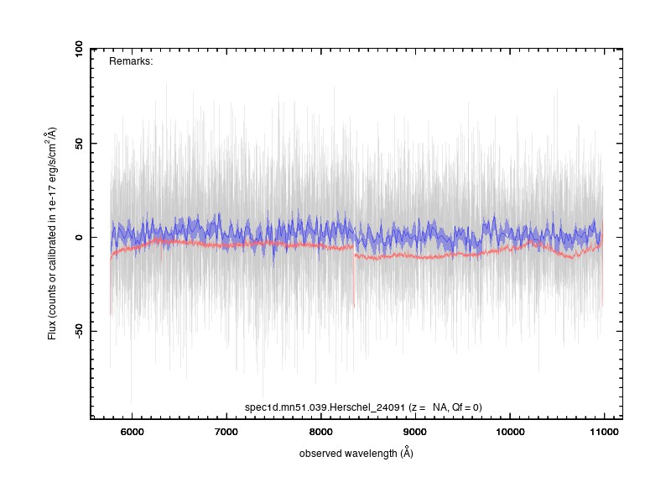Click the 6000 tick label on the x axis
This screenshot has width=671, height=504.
tap(132, 432)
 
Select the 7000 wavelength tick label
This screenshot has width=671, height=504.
tap(226, 432)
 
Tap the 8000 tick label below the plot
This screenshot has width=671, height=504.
tap(320, 432)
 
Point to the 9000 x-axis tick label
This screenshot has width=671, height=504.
tap(415, 432)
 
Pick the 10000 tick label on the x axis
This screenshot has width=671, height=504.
tap(510, 432)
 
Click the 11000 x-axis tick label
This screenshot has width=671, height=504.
tap(604, 432)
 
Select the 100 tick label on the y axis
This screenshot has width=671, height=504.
tap(78, 50)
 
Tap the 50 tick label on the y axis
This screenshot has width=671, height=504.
tap(78, 144)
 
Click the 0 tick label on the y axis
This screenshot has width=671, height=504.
tap(78, 238)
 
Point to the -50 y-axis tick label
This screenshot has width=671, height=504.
tap(78, 330)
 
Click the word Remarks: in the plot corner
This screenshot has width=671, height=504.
tap(131, 61)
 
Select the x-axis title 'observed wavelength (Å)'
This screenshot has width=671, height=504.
tap(356, 453)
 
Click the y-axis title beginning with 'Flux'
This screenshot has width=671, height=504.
tap(51, 234)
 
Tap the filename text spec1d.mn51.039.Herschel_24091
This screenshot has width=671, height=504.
tap(325, 407)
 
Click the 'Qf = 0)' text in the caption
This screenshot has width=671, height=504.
tap(467, 407)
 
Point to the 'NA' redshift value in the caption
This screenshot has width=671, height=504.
tap(440, 407)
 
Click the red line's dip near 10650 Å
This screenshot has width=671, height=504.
tap(573, 258)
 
